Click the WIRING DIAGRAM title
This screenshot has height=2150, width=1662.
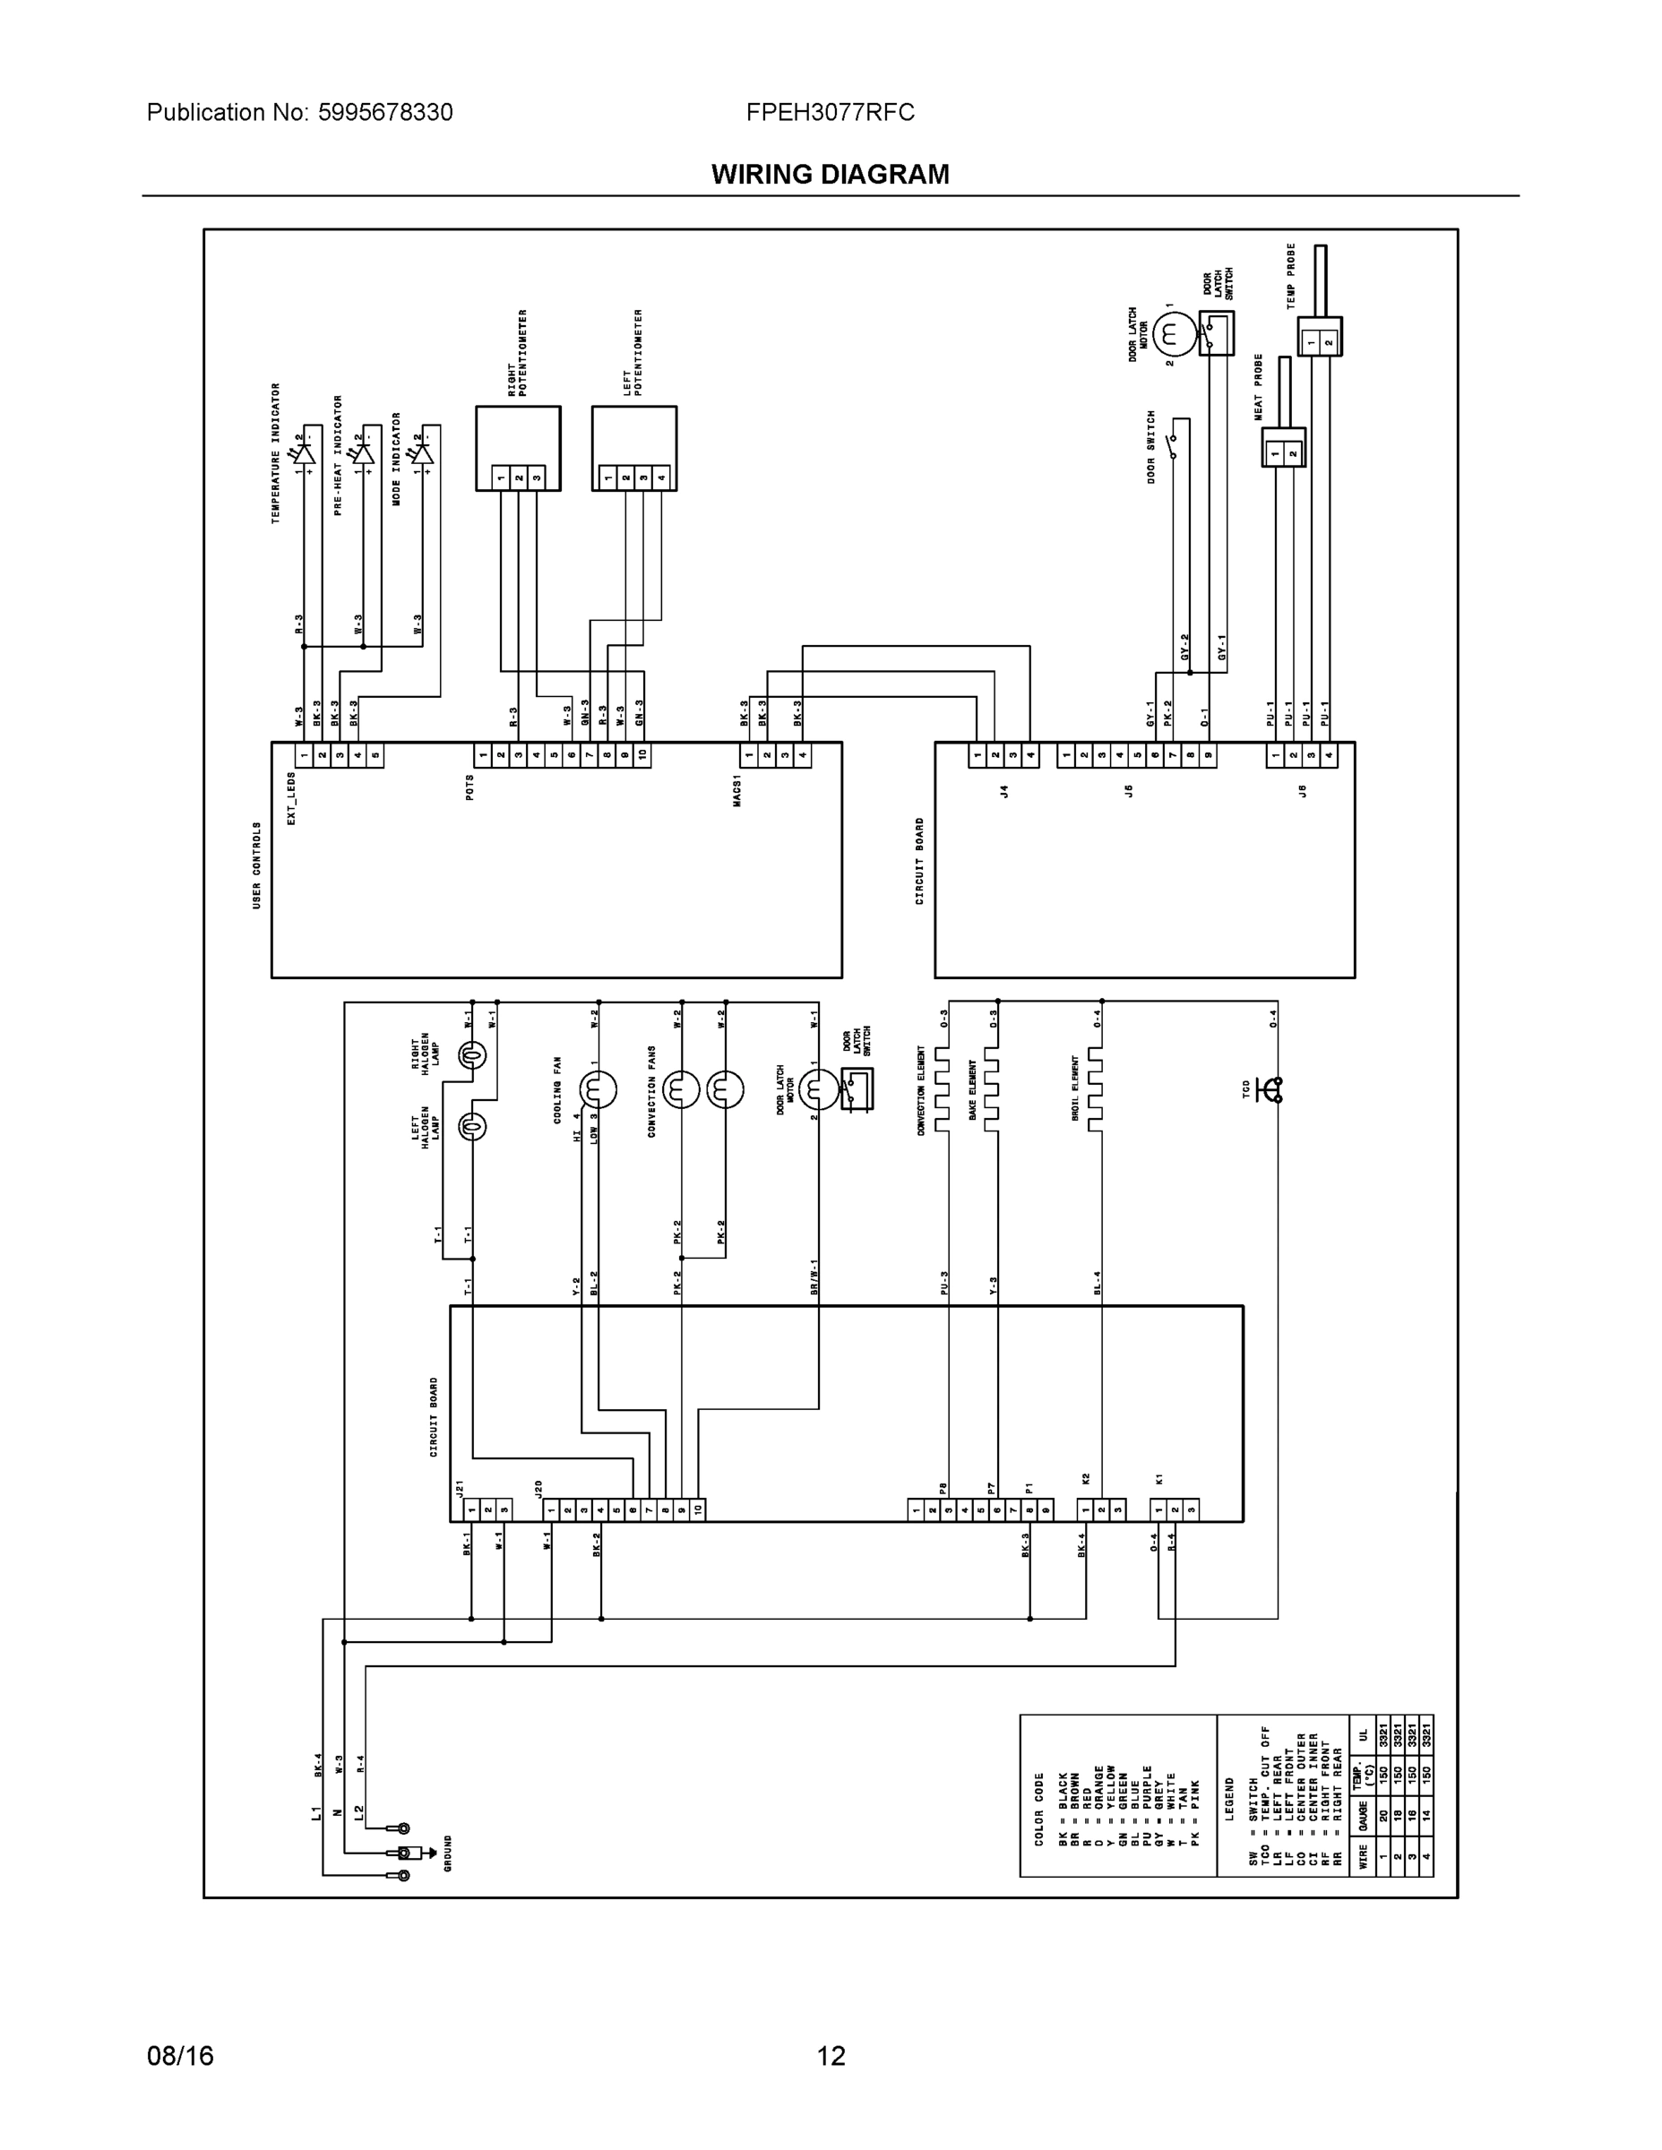pos(830,175)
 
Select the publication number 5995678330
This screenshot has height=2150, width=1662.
pos(385,112)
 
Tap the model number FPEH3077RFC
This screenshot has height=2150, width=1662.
pos(830,112)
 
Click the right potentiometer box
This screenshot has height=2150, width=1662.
pos(518,447)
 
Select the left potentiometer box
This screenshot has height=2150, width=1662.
pos(634,447)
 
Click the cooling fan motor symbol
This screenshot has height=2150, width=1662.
pos(598,1088)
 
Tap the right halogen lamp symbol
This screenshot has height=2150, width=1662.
pos(472,1055)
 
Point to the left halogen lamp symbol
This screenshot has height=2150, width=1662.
pos(472,1126)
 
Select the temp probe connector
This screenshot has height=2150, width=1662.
pos(1320,337)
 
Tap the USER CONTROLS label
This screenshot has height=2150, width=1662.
pos(258,864)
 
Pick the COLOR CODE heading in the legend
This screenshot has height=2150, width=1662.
pos(1039,1809)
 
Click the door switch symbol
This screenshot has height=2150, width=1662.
pos(1173,446)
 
